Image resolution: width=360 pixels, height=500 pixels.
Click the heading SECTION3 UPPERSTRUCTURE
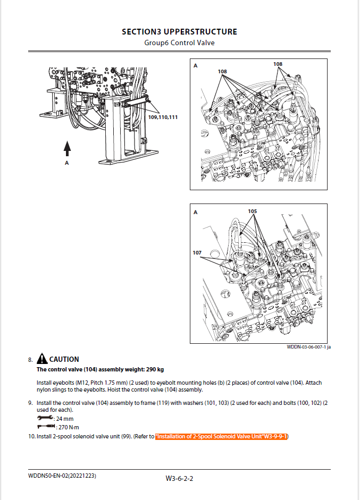[179, 32]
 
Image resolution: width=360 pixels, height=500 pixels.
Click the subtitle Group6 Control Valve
[179, 43]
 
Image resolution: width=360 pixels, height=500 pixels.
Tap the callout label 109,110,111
[163, 116]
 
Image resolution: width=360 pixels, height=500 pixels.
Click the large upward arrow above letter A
[67, 147]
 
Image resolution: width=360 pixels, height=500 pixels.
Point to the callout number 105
[252, 211]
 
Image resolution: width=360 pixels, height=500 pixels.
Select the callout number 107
[197, 252]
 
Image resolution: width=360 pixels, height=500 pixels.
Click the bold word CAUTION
[64, 359]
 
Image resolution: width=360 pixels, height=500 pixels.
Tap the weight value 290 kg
[153, 369]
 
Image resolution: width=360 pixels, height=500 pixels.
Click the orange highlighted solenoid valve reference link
[221, 436]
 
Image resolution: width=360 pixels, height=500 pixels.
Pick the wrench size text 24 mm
[63, 419]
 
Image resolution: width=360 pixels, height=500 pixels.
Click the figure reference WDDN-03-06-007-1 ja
[308, 347]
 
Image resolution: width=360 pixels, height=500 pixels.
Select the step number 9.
[30, 403]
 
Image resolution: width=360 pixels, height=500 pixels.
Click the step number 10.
[31, 436]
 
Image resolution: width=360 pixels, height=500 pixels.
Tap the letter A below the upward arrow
[67, 163]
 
